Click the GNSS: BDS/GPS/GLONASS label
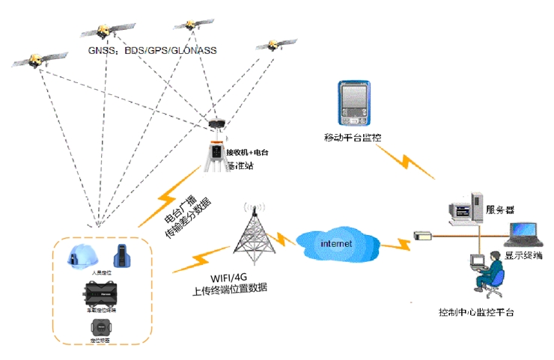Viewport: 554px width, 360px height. point(152,51)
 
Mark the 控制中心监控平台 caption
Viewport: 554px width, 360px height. point(476,311)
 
